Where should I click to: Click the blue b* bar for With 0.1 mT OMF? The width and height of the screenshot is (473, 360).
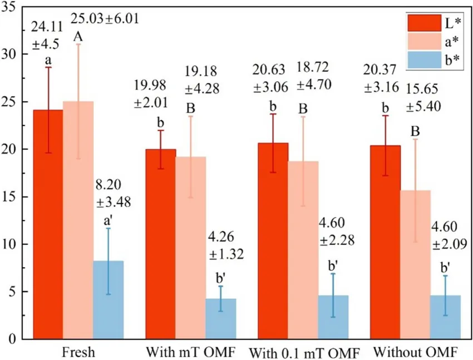[x=333, y=317]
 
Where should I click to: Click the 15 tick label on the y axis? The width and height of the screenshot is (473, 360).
[x=12, y=197]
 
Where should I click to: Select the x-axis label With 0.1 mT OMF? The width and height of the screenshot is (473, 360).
[x=304, y=353]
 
